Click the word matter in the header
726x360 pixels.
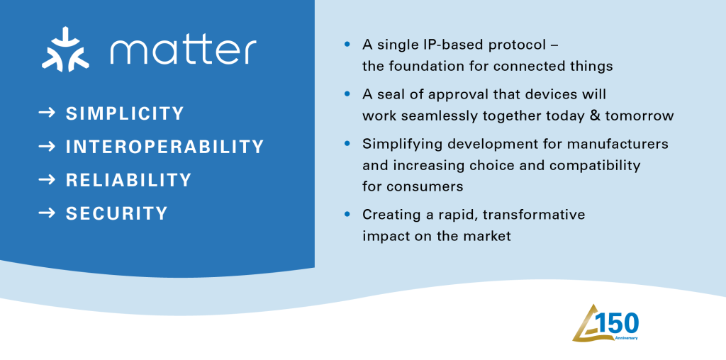(183, 51)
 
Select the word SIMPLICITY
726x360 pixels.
(125, 113)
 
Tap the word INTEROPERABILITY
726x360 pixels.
(164, 147)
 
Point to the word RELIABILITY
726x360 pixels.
(128, 180)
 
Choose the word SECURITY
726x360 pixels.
(116, 213)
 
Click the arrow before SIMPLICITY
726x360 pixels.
(48, 113)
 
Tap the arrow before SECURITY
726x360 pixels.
(48, 213)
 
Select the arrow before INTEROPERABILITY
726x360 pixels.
(48, 147)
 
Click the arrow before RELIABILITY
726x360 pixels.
(48, 180)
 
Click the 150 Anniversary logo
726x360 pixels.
(606, 322)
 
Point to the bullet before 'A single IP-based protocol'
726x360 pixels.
(347, 45)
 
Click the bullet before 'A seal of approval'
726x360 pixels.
(347, 94)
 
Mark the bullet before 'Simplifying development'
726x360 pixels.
(347, 144)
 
